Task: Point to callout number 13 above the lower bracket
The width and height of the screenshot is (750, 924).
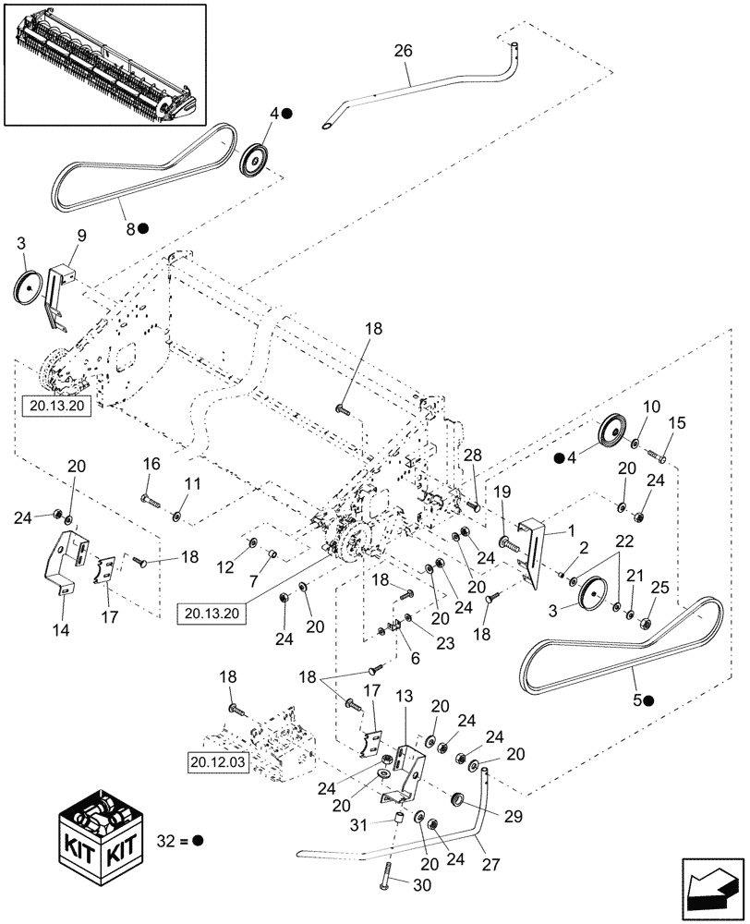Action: [x=403, y=695]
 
